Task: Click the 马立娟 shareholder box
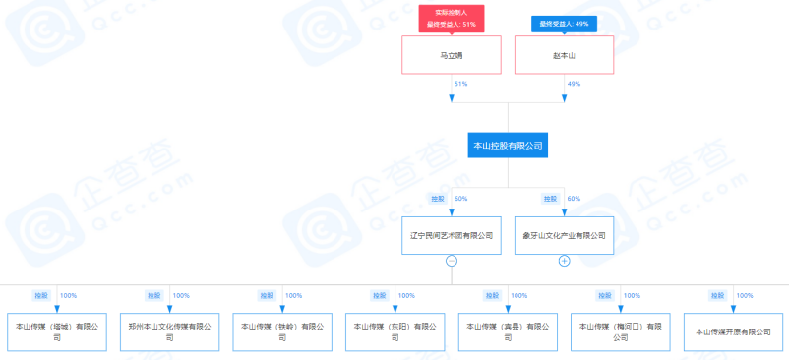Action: pyautogui.click(x=452, y=55)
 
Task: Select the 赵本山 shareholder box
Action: pyautogui.click(x=564, y=55)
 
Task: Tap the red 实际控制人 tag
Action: pyautogui.click(x=451, y=12)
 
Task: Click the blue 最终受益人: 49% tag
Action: pyautogui.click(x=564, y=24)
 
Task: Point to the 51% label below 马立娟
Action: pyautogui.click(x=460, y=85)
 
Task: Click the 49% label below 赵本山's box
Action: pyautogui.click(x=574, y=85)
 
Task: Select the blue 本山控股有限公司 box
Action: pyautogui.click(x=508, y=146)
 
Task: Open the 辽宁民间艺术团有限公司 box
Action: pyautogui.click(x=452, y=236)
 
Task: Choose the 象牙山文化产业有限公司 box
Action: pyautogui.click(x=564, y=236)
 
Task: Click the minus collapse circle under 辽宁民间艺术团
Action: pyautogui.click(x=452, y=261)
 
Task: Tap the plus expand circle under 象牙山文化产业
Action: pyautogui.click(x=564, y=261)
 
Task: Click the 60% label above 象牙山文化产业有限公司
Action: pyautogui.click(x=574, y=199)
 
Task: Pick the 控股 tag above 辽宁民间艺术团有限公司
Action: pyautogui.click(x=437, y=199)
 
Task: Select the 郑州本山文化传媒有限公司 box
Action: pyautogui.click(x=169, y=331)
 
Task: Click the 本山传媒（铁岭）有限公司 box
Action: pyautogui.click(x=282, y=331)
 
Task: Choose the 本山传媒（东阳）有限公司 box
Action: pyautogui.click(x=394, y=331)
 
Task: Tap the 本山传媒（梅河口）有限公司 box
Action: pyautogui.click(x=620, y=331)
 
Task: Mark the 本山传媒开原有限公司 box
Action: pyautogui.click(x=733, y=331)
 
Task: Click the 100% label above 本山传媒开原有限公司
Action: pyautogui.click(x=745, y=295)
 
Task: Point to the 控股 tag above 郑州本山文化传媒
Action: pyautogui.click(x=153, y=295)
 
